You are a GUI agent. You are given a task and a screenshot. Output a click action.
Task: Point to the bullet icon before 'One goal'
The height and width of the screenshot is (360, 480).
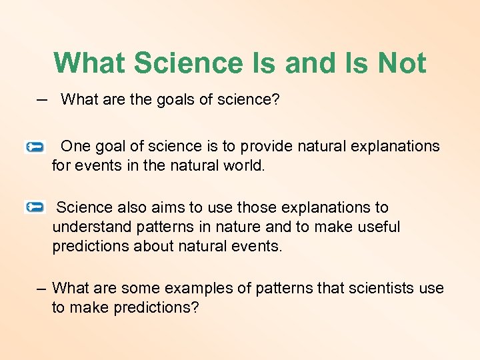34,147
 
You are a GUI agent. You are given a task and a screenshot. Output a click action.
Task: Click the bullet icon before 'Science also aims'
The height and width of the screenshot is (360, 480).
34,208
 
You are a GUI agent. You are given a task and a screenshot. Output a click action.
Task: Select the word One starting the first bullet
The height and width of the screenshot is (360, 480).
75,146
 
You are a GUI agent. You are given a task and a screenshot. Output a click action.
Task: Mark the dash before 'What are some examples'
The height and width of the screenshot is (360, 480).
41,288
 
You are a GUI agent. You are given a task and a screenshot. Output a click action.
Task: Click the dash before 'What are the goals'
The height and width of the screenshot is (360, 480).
42,99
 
